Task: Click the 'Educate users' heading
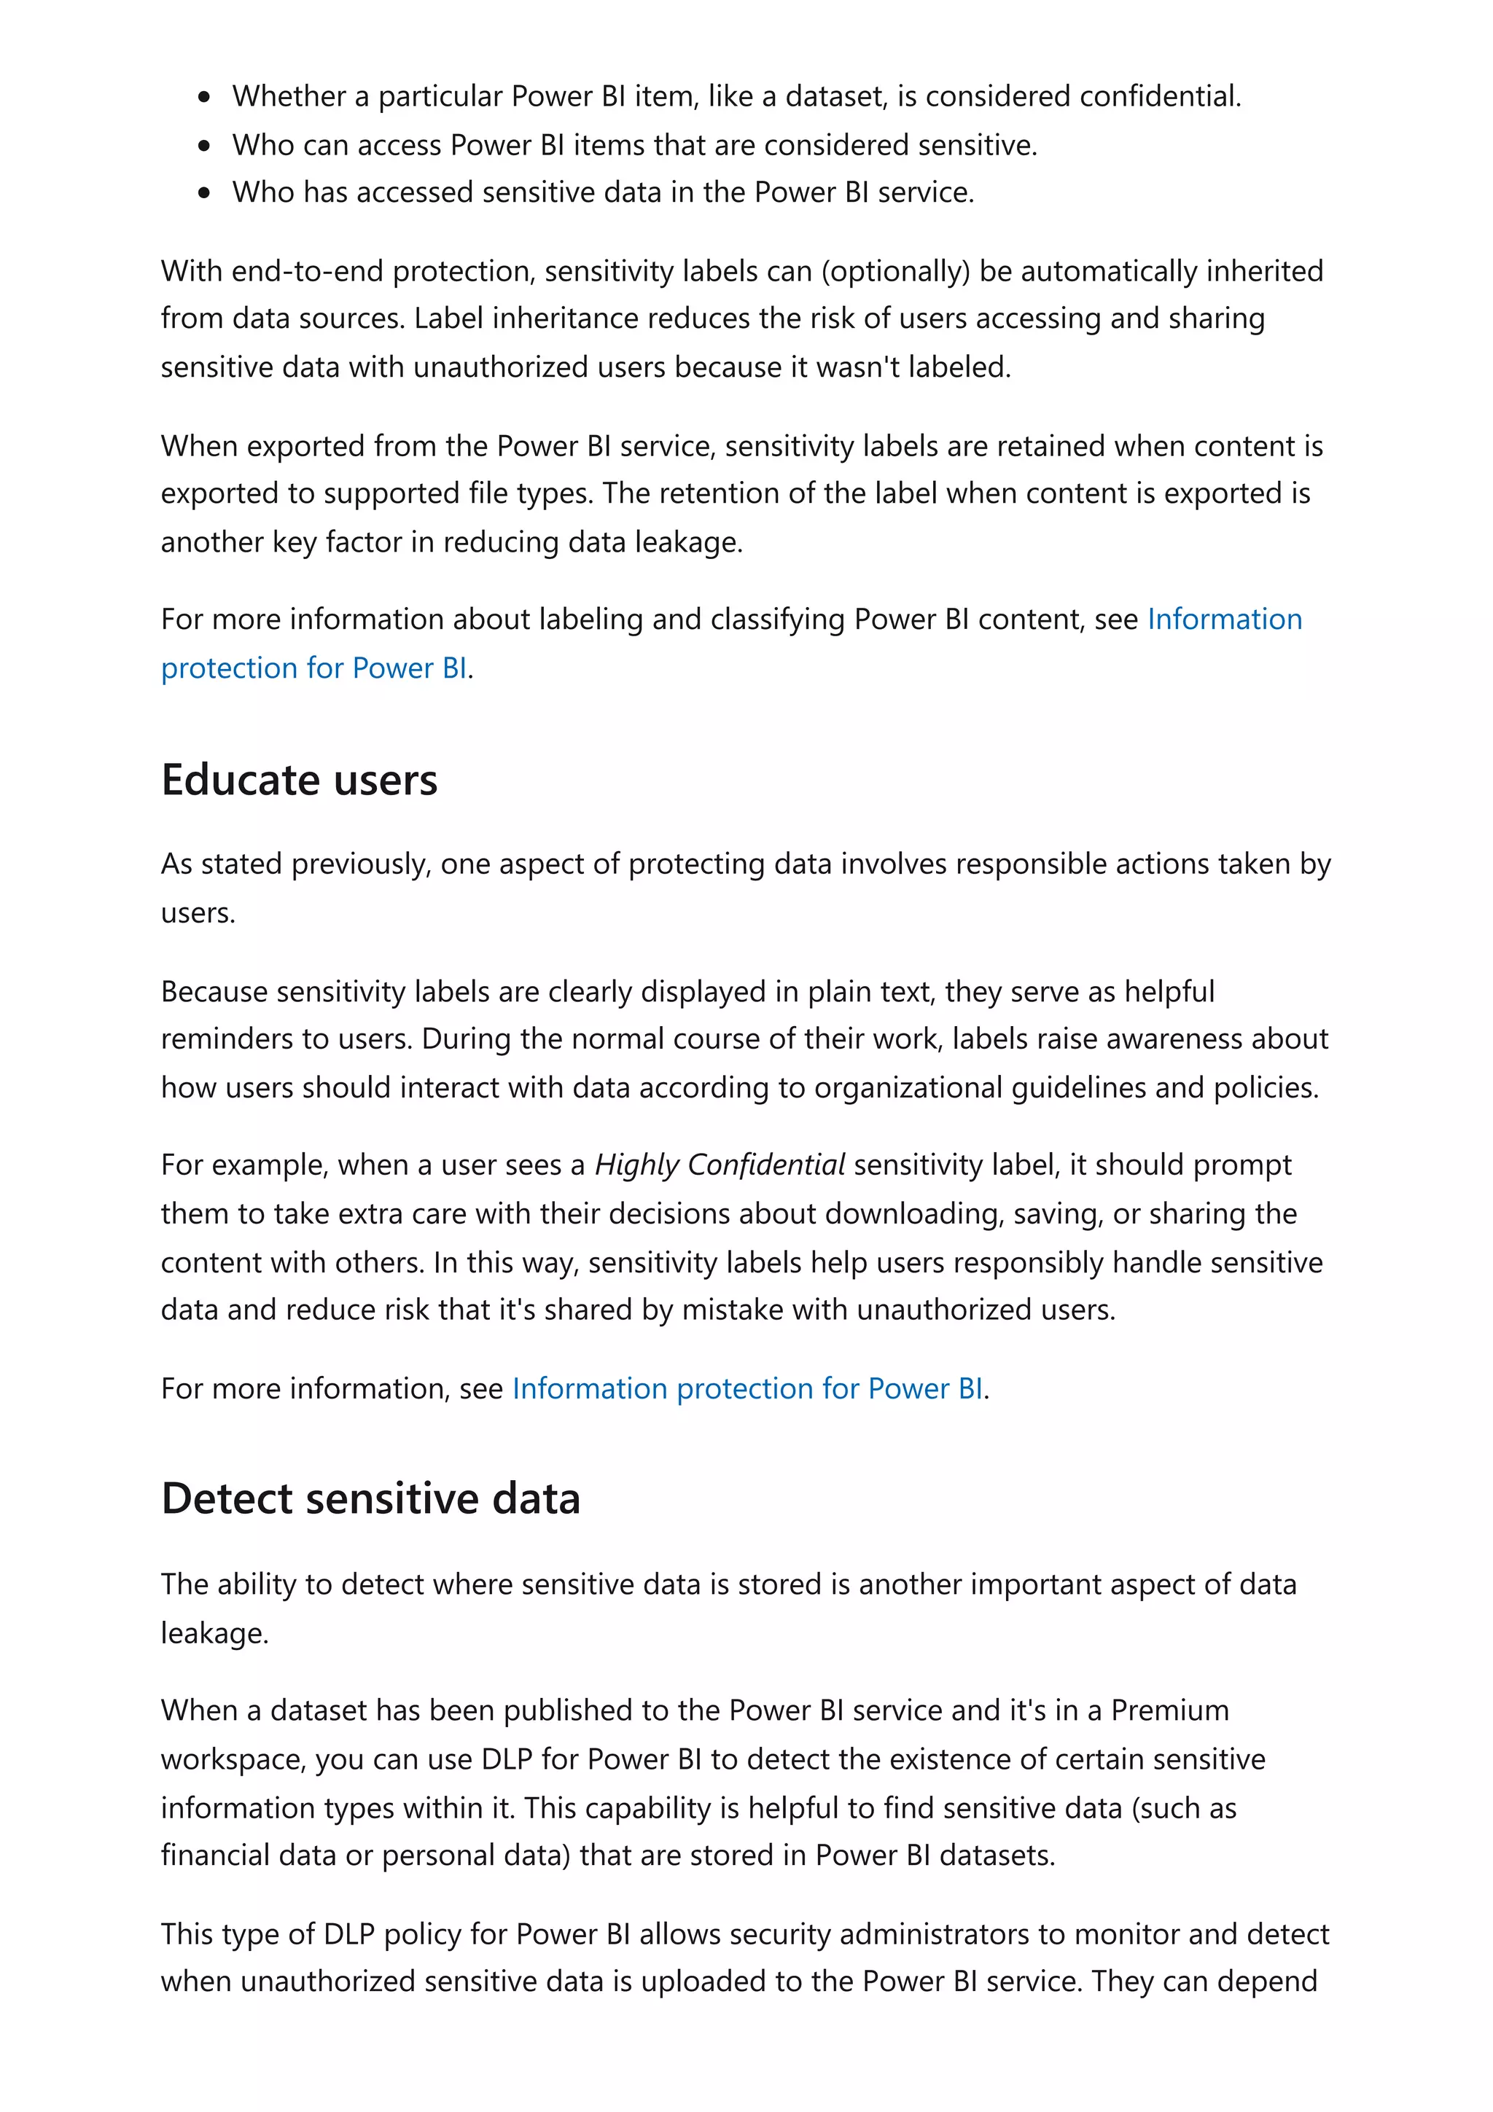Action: point(299,780)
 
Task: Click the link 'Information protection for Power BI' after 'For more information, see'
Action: point(747,1388)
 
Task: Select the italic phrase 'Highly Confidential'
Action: point(720,1165)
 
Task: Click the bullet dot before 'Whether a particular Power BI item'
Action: point(204,97)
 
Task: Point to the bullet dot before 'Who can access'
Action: point(204,145)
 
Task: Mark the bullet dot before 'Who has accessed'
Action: point(204,192)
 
